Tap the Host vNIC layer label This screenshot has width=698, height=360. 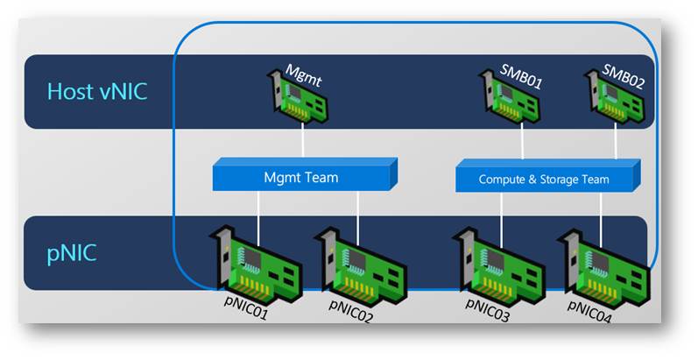tap(98, 91)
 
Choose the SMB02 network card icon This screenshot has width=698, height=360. tap(617, 95)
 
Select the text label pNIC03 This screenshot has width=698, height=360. tap(490, 308)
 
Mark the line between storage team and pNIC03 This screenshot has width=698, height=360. tap(501, 212)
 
